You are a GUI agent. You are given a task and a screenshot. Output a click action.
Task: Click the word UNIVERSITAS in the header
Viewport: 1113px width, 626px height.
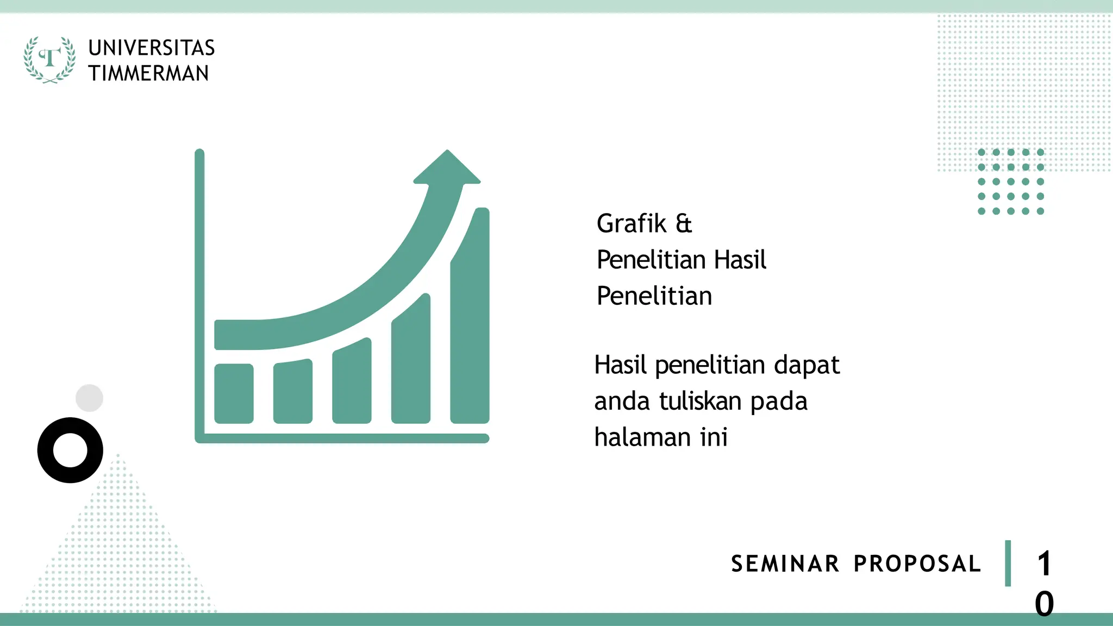152,48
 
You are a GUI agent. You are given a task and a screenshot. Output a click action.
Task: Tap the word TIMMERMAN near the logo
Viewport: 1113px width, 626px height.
149,73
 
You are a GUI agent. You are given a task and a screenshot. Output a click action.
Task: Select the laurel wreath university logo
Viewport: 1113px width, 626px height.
49,59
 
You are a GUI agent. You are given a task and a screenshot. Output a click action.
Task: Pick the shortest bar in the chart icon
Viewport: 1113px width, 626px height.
234,393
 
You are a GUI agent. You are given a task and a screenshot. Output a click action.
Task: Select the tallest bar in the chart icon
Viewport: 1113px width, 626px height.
470,326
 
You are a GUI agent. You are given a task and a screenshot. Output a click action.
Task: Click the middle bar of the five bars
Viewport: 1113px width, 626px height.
352,384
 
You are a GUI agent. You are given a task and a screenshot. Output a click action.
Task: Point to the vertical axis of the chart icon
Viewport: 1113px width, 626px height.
199,293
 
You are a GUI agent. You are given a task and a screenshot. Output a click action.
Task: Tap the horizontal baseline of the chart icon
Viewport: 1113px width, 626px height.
342,438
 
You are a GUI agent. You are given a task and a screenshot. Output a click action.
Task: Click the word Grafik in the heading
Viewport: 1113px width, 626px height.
631,223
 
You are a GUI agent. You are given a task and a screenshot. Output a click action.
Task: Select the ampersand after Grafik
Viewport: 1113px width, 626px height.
683,223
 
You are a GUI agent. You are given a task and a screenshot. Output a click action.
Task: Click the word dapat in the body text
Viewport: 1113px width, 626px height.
806,365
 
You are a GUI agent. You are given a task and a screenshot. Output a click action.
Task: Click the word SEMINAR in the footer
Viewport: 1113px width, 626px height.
785,564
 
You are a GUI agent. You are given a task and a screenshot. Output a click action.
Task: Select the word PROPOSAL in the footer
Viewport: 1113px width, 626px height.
917,564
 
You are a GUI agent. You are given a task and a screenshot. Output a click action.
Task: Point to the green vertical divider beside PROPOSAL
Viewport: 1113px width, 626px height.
1008,564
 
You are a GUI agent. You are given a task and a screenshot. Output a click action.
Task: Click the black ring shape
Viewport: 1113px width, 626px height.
70,472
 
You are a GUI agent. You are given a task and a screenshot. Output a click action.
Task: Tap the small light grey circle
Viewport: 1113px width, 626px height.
89,398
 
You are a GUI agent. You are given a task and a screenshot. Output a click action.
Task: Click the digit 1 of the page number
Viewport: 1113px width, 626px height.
1044,564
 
